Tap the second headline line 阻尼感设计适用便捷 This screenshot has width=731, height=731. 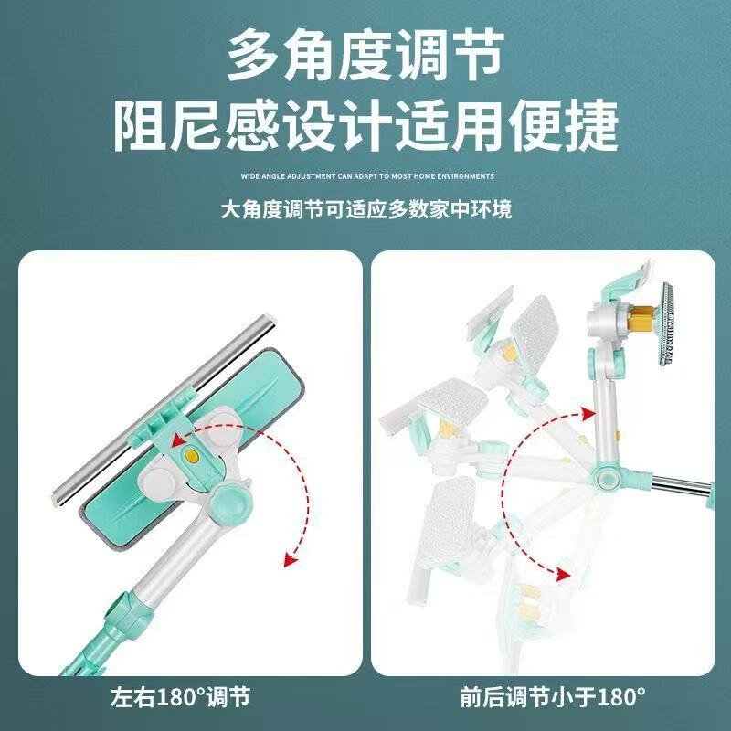tap(366, 126)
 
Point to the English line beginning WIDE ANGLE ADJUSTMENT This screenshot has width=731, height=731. tap(367, 176)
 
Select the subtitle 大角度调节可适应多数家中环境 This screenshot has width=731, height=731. tap(366, 209)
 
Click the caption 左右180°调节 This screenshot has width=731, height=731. tap(180, 697)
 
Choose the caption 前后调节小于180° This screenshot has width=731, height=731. tap(553, 697)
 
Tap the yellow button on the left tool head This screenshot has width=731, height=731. tap(191, 455)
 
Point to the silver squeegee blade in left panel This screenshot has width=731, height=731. tap(164, 410)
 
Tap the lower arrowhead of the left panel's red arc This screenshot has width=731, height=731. tap(291, 558)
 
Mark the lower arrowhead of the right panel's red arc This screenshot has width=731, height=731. tap(563, 574)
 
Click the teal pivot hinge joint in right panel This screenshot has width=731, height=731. tap(608, 478)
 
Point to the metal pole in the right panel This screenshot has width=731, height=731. tap(681, 486)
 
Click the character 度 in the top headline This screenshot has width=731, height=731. tap(365, 55)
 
